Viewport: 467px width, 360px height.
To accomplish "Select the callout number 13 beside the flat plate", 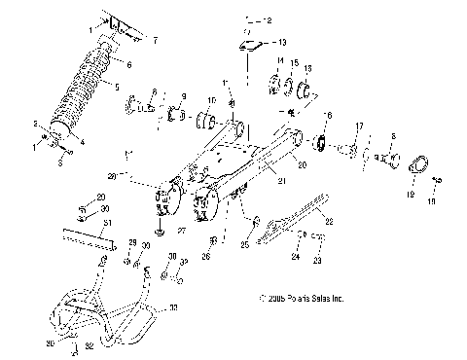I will (282, 43).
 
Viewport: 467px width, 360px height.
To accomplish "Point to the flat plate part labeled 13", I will (251, 44).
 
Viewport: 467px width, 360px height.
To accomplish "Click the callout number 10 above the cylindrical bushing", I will (212, 101).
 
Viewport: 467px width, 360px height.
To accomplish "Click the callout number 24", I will (295, 258).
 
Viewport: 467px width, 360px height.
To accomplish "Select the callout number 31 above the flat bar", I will (82, 223).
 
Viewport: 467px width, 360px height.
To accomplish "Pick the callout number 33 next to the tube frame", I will (174, 307).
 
